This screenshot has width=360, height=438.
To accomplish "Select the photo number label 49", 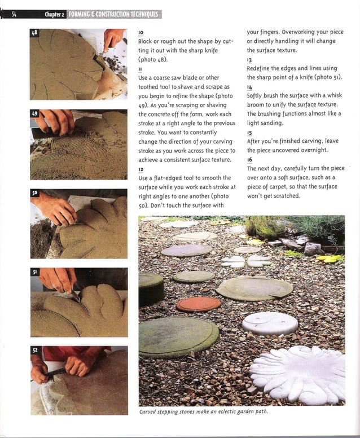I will point(34,114).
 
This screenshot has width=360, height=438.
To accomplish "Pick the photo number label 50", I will point(34,193).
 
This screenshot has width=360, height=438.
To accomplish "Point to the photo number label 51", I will point(34,272).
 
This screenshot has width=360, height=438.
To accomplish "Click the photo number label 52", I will point(34,351).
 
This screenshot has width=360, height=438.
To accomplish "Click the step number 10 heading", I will point(141,33).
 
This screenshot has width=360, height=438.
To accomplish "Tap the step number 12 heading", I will point(141,169).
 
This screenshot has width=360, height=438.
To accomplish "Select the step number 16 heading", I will point(250,160).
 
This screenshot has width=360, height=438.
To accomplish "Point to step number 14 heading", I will point(250,87).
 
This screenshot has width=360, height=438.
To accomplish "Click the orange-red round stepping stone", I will point(198,305).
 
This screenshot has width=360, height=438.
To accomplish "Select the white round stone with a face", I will point(270,323).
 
